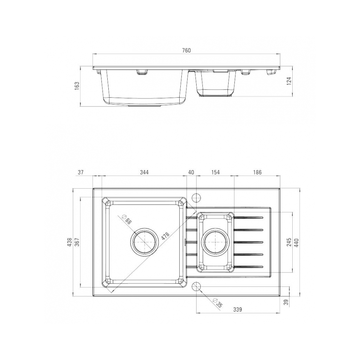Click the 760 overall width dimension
[186, 50]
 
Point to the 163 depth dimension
[77, 86]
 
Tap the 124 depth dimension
[289, 81]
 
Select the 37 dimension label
[80, 172]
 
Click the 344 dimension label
[144, 172]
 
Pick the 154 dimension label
[215, 172]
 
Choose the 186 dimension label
[257, 172]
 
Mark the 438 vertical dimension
[69, 242]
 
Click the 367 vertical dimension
[77, 242]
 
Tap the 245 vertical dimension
[289, 242]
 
